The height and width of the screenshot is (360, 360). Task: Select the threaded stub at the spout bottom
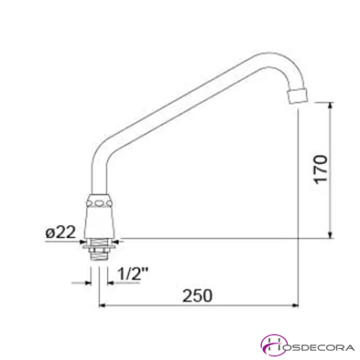(x=98, y=251)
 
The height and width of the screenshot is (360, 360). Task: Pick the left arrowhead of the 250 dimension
(x=104, y=307)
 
